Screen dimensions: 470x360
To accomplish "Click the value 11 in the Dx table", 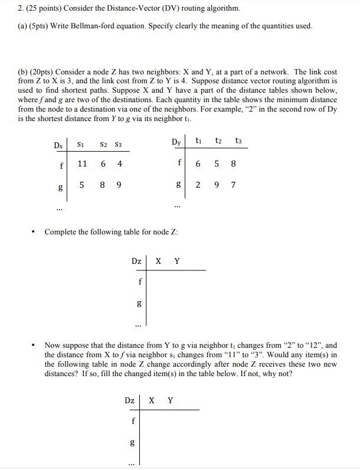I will [x=83, y=164].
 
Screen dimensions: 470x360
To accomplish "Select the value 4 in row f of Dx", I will [x=120, y=164].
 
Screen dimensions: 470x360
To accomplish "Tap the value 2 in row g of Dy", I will [x=198, y=185].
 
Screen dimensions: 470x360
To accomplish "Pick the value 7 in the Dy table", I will [x=234, y=185].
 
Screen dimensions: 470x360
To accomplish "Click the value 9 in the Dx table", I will [x=120, y=185].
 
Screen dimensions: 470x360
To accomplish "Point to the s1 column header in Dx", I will [x=82, y=144].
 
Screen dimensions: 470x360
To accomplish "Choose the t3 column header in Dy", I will [x=237, y=141].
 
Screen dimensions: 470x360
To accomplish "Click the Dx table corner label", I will [x=58, y=145].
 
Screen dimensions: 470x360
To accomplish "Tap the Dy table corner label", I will [x=176, y=142].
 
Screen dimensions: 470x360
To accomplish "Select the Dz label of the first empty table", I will [x=136, y=260].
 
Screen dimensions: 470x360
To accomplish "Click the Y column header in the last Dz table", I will [x=171, y=400].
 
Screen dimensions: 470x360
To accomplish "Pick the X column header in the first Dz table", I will [x=158, y=260].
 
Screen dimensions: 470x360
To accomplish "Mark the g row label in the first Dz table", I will [x=139, y=303].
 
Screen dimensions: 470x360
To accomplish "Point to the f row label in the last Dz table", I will [x=133, y=421].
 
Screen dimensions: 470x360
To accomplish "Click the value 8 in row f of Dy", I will [x=234, y=164].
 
